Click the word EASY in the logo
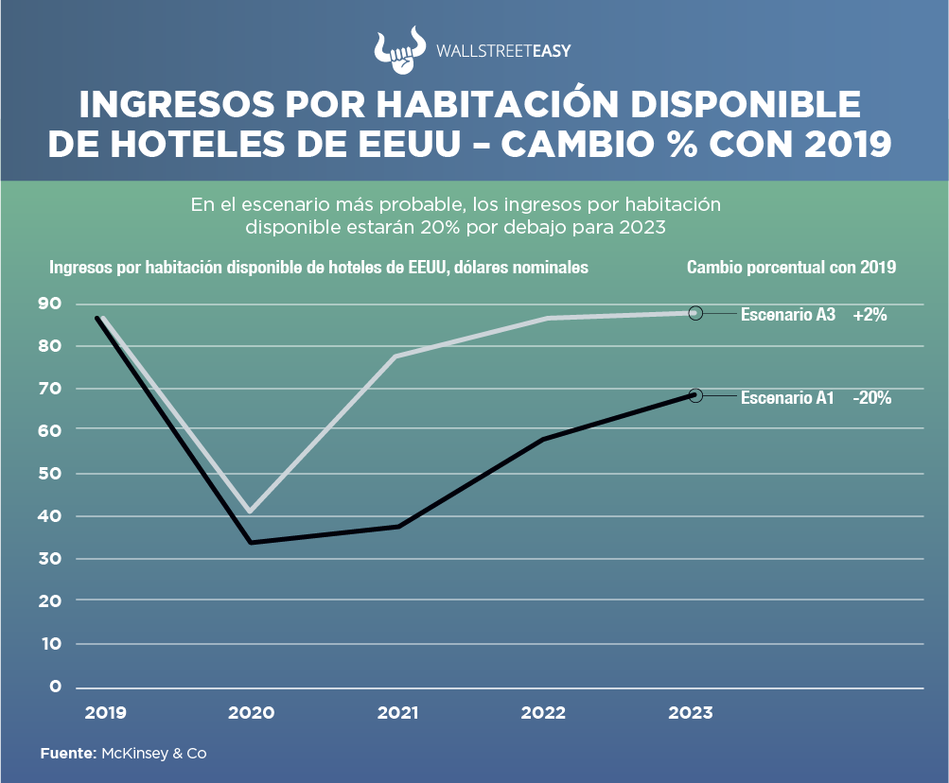(547, 52)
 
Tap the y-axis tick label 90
(50, 304)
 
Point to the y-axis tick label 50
(50, 473)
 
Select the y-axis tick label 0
(55, 686)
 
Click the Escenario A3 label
(787, 316)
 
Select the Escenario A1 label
(786, 398)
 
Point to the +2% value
(870, 316)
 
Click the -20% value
(871, 398)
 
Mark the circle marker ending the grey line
(695, 313)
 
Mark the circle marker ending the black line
(695, 395)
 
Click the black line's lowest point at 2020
(251, 542)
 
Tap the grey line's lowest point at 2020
(250, 512)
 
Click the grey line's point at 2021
(395, 357)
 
